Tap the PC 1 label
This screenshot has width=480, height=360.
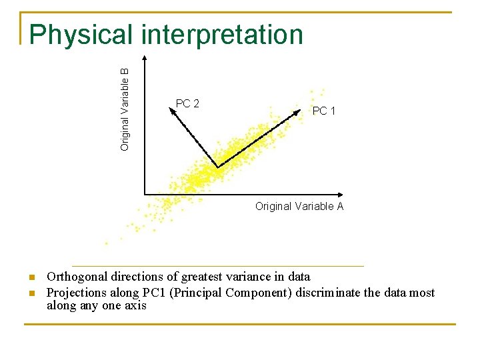coord(324,111)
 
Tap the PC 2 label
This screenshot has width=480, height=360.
coord(187,103)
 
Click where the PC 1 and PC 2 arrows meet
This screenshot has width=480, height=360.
coord(217,166)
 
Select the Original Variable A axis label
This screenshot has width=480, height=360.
coord(299,207)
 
